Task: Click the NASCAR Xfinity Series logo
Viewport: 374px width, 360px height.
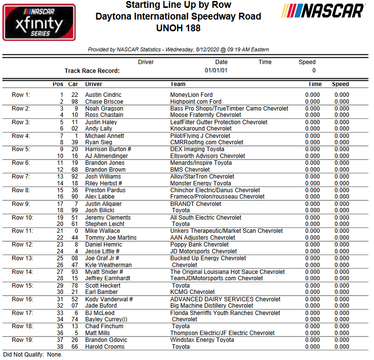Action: pyautogui.click(x=39, y=22)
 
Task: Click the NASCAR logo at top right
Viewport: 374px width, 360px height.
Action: pyautogui.click(x=324, y=11)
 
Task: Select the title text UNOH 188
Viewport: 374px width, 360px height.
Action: pyautogui.click(x=178, y=28)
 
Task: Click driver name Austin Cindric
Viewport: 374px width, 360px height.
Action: pyautogui.click(x=103, y=95)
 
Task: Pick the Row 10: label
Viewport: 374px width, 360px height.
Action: pyautogui.click(x=22, y=218)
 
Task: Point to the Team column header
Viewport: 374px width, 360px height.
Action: pyautogui.click(x=177, y=84)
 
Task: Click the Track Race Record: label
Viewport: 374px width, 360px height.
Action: pyautogui.click(x=92, y=71)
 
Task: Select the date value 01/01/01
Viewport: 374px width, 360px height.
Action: pyautogui.click(x=216, y=71)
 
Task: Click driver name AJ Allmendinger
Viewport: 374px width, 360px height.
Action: pyautogui.click(x=107, y=156)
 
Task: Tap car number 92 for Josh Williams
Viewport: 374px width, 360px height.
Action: pyautogui.click(x=74, y=177)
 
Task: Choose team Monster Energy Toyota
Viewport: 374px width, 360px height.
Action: pyautogui.click(x=201, y=183)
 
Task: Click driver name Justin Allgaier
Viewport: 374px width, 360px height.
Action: pyautogui.click(x=104, y=204)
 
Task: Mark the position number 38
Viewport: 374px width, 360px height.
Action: pyautogui.click(x=60, y=347)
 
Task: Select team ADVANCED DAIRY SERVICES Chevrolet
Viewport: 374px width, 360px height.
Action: pyautogui.click(x=225, y=299)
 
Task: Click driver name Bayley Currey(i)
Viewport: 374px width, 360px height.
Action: pyautogui.click(x=106, y=319)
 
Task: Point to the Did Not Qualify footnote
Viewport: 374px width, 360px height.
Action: pyautogui.click(x=32, y=354)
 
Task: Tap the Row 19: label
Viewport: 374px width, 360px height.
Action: pyautogui.click(x=22, y=340)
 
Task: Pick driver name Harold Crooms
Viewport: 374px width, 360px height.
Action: pyautogui.click(x=105, y=347)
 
